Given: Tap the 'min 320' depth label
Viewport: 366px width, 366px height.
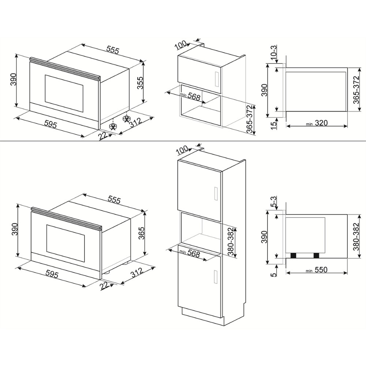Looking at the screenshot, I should click(x=317, y=123).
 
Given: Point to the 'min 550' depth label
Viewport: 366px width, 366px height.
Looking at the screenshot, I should click(x=316, y=270).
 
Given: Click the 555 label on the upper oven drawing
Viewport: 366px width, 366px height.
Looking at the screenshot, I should click(x=112, y=51).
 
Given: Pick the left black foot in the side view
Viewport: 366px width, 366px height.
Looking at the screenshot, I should click(x=293, y=255).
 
